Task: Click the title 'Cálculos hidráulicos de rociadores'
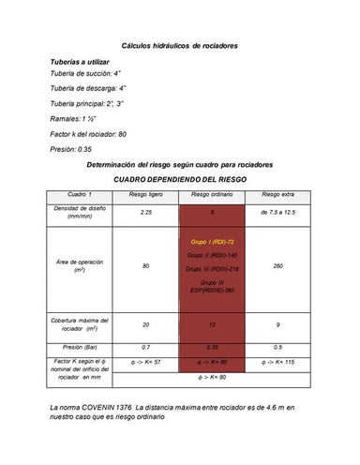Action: (180, 45)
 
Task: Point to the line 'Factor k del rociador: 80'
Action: (89, 134)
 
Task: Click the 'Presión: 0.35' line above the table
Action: (71, 148)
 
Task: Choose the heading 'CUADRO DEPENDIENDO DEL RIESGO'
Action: (179, 177)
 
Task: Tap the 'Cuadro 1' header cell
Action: (81, 194)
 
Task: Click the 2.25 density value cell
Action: (145, 213)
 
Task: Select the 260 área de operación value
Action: (277, 266)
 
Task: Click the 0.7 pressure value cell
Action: (145, 347)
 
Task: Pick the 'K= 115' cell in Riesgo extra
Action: (277, 362)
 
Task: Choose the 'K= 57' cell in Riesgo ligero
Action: (145, 362)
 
